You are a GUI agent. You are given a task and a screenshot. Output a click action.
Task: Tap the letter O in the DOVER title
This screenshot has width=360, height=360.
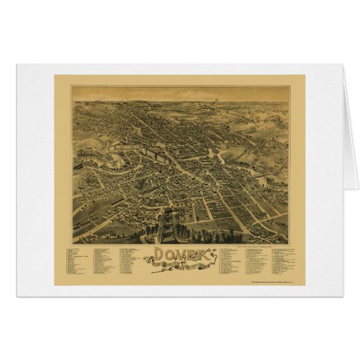(x=160, y=257)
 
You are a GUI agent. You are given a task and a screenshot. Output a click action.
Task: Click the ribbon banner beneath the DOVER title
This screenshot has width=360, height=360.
(x=178, y=268)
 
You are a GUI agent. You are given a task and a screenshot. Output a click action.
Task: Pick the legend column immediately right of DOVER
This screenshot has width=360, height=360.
(x=231, y=262)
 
